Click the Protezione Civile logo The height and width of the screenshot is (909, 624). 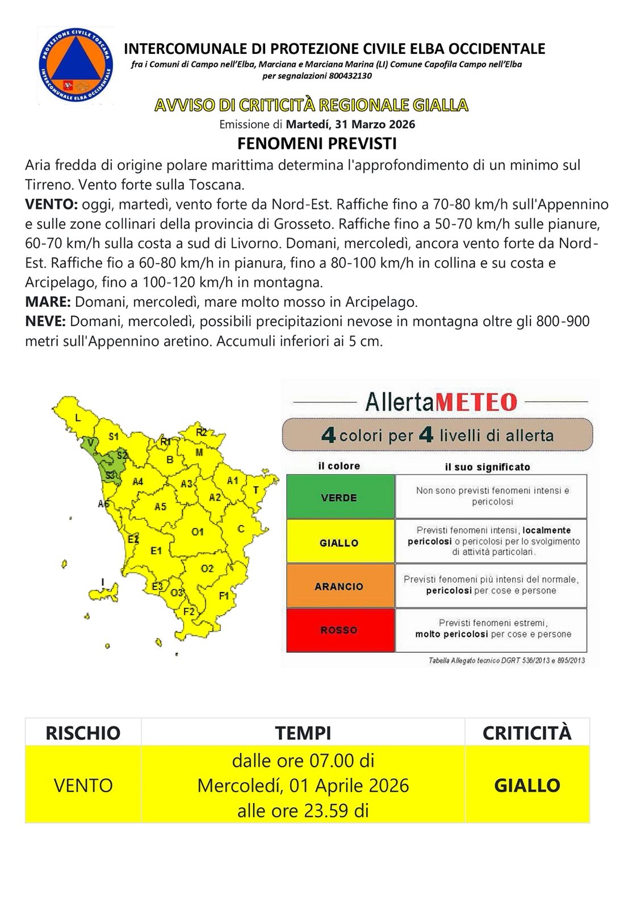(x=76, y=66)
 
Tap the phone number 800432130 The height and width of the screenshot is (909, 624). (x=350, y=76)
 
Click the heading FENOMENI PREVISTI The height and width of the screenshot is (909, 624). (x=317, y=143)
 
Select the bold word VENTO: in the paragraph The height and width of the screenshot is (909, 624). (x=51, y=205)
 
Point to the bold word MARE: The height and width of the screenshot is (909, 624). (x=48, y=302)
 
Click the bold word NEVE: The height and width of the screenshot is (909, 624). (x=45, y=322)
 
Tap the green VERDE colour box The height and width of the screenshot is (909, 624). (x=340, y=497)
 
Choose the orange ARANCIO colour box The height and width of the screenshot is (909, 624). (x=340, y=586)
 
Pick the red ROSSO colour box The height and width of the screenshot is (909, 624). (x=340, y=630)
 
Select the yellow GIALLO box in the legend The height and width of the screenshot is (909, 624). (x=340, y=543)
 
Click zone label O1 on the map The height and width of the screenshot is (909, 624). (x=198, y=532)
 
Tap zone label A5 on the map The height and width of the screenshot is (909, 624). (x=161, y=506)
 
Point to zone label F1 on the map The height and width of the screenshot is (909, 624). (x=224, y=595)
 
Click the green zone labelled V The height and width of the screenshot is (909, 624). (x=90, y=442)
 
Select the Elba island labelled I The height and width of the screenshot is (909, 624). (x=106, y=590)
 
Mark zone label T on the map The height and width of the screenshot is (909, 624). (x=256, y=490)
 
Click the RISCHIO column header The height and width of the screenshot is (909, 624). (x=83, y=733)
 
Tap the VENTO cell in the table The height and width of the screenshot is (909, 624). (x=83, y=785)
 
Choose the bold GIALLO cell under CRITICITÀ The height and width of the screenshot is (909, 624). (x=527, y=785)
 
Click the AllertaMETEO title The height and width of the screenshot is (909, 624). (x=441, y=402)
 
